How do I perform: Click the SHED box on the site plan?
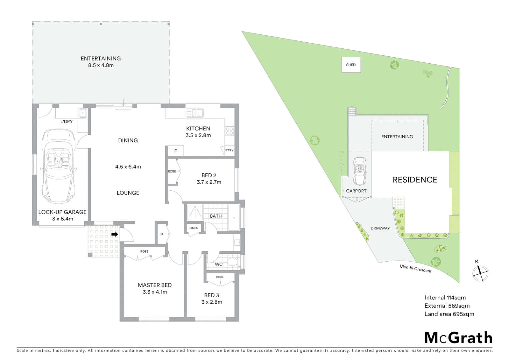coord(351,65)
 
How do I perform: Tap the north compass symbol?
coord(480,272)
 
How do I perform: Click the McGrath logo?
coord(458,338)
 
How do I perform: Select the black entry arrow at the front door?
coord(114,234)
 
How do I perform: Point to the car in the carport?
coord(359,171)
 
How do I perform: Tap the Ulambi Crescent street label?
coord(416,269)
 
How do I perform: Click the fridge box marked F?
coord(176,151)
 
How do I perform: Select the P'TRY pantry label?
coord(229,150)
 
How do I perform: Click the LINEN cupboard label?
coord(194,228)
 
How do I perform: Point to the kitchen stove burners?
coord(229,131)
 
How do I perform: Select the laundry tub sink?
coord(83,113)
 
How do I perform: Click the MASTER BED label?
coord(155,285)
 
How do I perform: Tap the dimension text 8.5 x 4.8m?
coord(101,65)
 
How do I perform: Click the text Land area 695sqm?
coord(449,314)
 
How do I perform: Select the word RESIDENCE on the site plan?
coord(415,180)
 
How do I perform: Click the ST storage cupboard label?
coord(162,234)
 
